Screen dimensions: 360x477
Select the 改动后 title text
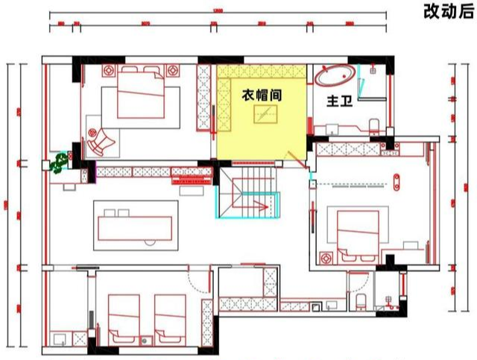[x=448, y=11]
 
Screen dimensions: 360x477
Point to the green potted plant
[x=57, y=162]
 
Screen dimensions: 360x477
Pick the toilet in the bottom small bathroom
[x=360, y=300]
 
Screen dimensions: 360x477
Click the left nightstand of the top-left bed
[x=107, y=72]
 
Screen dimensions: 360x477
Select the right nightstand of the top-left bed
[x=174, y=72]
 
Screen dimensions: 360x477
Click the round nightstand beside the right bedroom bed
[x=325, y=256]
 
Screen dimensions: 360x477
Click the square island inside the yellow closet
[x=266, y=114]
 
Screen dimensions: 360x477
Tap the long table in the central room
[x=139, y=222]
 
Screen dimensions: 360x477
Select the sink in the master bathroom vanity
[x=330, y=129]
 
